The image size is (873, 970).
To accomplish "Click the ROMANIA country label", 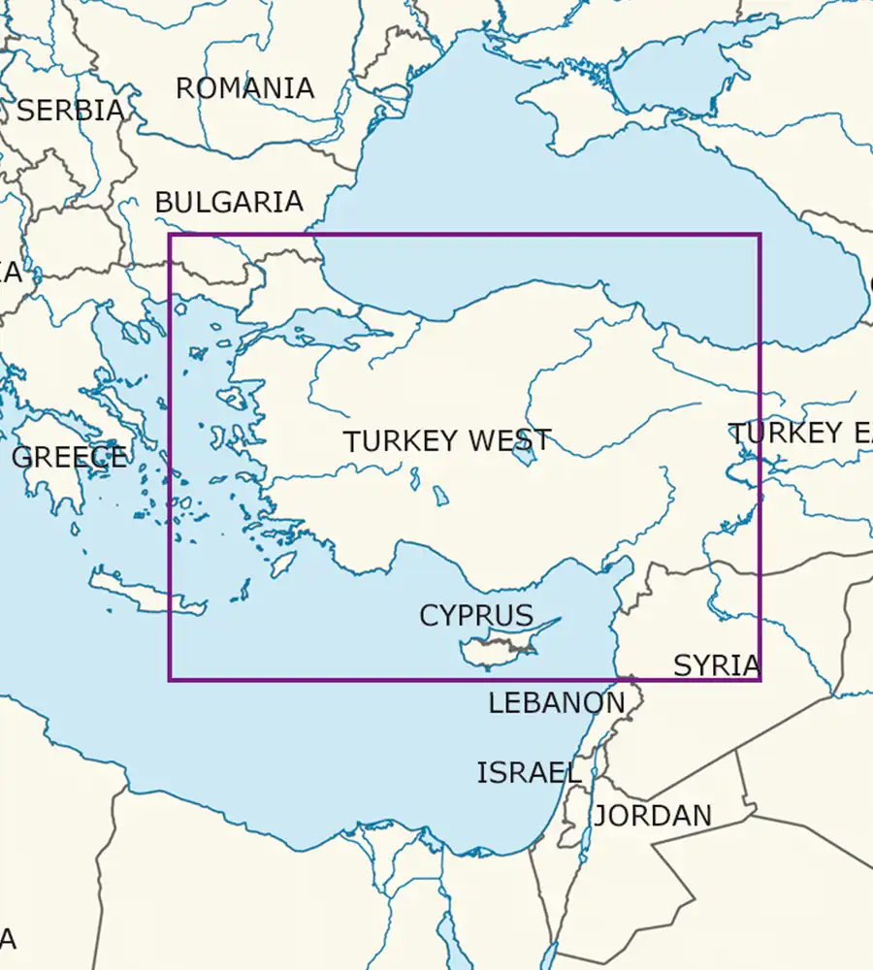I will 244,88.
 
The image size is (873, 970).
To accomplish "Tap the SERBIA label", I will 71,111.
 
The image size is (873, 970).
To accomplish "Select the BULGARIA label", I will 229,202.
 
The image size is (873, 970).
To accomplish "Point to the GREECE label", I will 69,457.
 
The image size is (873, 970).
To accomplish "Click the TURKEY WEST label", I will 447,441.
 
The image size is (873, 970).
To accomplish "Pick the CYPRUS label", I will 476,615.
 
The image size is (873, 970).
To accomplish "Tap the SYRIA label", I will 716,665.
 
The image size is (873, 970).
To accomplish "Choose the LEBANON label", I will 556,703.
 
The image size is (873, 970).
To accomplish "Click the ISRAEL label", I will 529,772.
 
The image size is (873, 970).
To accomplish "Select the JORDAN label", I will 653,816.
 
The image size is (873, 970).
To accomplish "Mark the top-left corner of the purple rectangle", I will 170,235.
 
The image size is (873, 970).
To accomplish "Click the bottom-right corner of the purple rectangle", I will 760,679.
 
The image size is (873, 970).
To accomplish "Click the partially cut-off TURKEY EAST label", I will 800,434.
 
